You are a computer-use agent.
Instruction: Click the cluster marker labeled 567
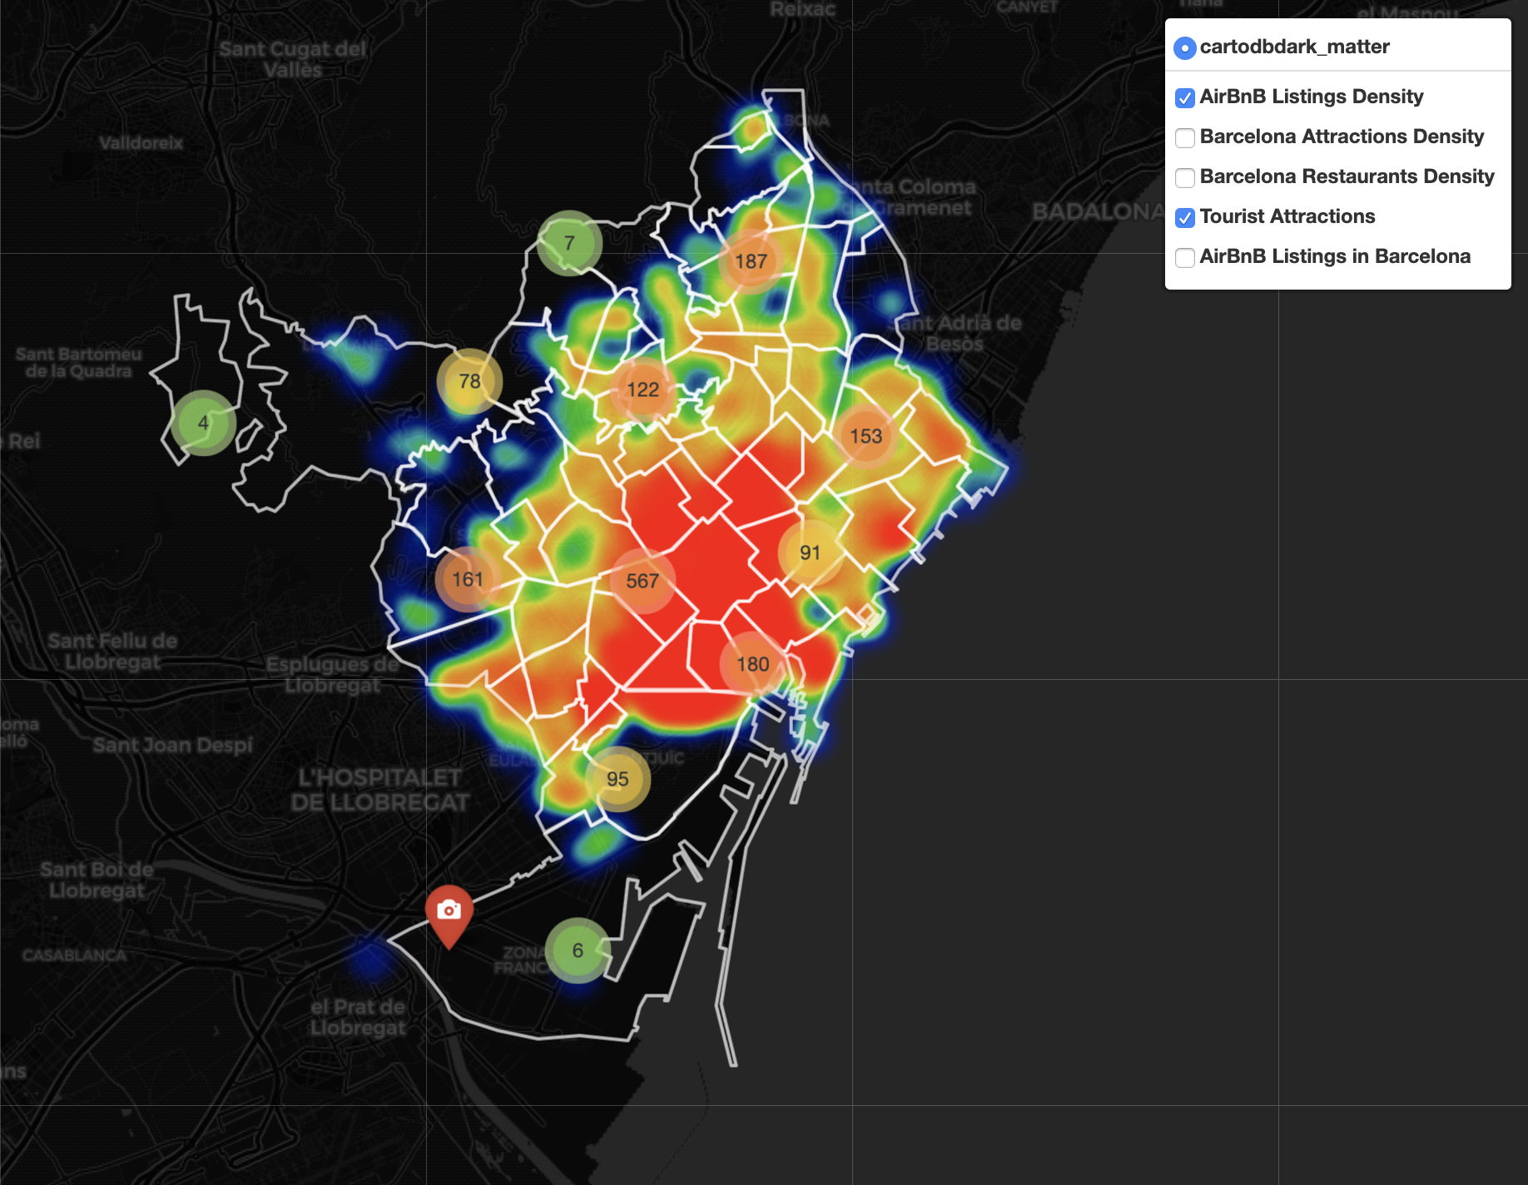pos(642,581)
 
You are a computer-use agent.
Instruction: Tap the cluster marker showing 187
pos(751,261)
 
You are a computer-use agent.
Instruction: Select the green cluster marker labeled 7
pos(569,243)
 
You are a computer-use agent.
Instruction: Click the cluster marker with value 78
pos(469,381)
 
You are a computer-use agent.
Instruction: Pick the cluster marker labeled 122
pos(642,389)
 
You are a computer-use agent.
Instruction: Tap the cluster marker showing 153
pos(866,436)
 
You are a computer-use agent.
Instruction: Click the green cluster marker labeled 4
pos(203,423)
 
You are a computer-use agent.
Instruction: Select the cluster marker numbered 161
pos(468,579)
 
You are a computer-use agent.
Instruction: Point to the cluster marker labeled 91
pos(810,553)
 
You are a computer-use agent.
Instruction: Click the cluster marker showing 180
pos(752,664)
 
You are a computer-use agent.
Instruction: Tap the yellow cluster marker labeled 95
pos(618,779)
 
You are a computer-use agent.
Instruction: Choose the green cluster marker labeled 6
pos(578,950)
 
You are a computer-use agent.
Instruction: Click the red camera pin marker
pos(449,911)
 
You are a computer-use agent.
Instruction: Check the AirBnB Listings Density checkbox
pos(1185,97)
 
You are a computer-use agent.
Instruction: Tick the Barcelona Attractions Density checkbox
pos(1185,137)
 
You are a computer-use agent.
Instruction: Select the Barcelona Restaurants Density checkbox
pos(1185,177)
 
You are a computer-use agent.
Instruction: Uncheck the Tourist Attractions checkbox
pos(1185,217)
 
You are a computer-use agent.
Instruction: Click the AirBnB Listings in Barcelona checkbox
pos(1185,257)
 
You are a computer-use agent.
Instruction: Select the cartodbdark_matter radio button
pos(1185,47)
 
